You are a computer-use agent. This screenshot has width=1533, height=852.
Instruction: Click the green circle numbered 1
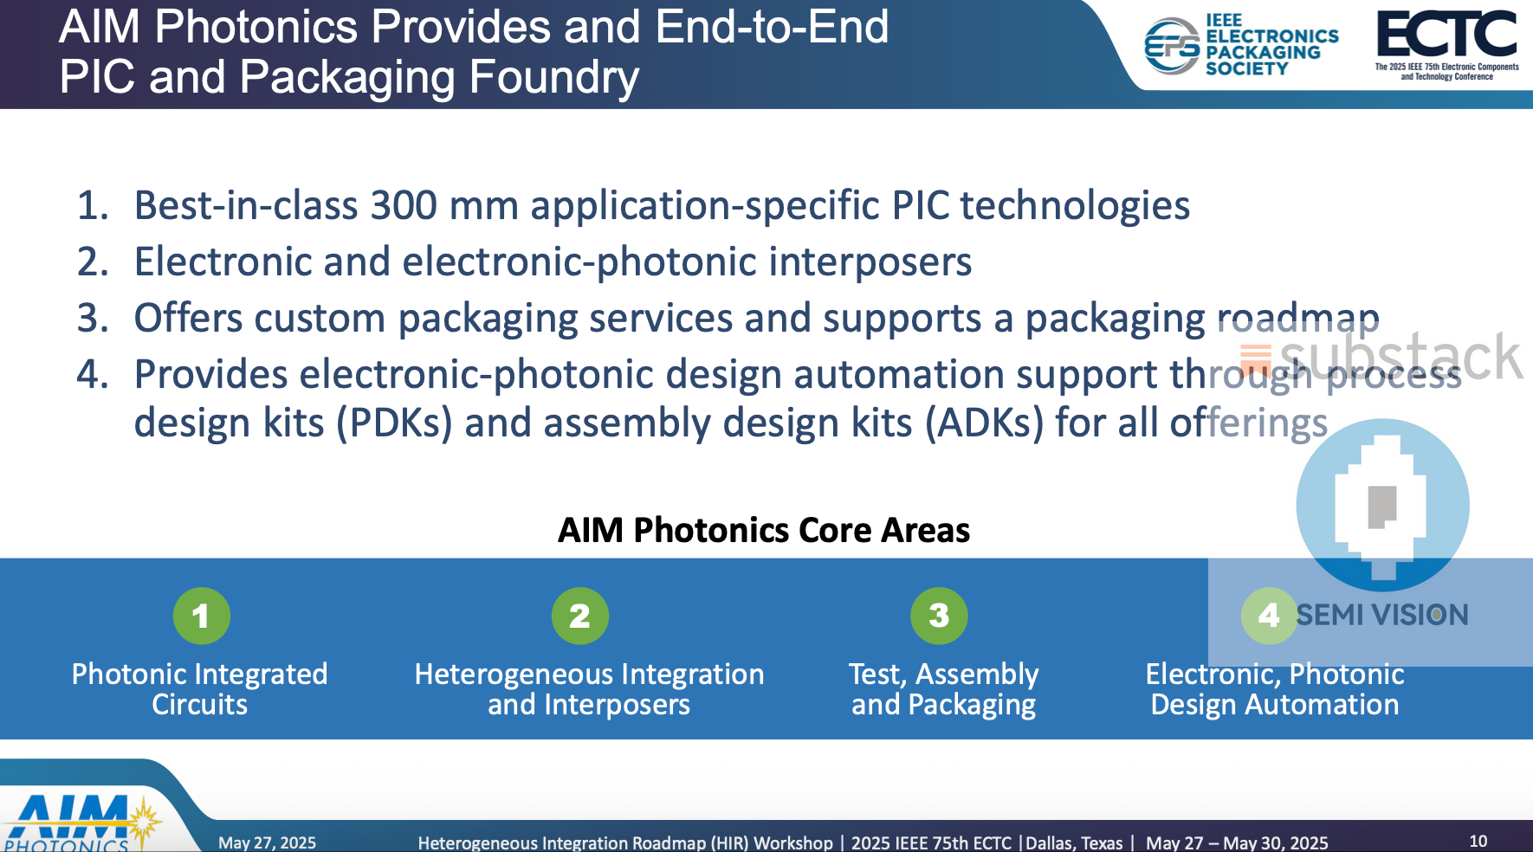point(201,616)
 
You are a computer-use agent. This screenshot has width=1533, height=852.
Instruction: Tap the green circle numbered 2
point(579,616)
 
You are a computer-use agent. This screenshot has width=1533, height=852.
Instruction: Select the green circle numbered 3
point(939,616)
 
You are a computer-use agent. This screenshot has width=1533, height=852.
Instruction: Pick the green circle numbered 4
point(1269,616)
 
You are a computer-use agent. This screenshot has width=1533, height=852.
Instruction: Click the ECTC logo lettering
point(1446,35)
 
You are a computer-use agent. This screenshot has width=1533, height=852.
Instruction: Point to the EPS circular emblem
point(1171,46)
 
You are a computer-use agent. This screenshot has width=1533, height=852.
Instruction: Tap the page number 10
point(1478,841)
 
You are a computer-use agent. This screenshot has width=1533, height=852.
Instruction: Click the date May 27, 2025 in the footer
point(267,842)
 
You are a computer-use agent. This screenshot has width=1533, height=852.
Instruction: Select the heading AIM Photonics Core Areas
point(763,530)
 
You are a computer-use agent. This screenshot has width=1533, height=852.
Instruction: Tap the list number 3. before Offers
point(93,319)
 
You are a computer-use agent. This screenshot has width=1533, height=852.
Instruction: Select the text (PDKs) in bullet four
point(394,423)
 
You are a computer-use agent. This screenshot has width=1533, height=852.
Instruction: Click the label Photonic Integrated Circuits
point(199,689)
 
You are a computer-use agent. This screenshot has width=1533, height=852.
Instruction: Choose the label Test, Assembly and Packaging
point(943,689)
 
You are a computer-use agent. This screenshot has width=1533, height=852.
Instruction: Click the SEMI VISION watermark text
point(1381,615)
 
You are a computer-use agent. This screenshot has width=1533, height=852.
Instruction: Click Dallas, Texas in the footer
point(1074,842)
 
